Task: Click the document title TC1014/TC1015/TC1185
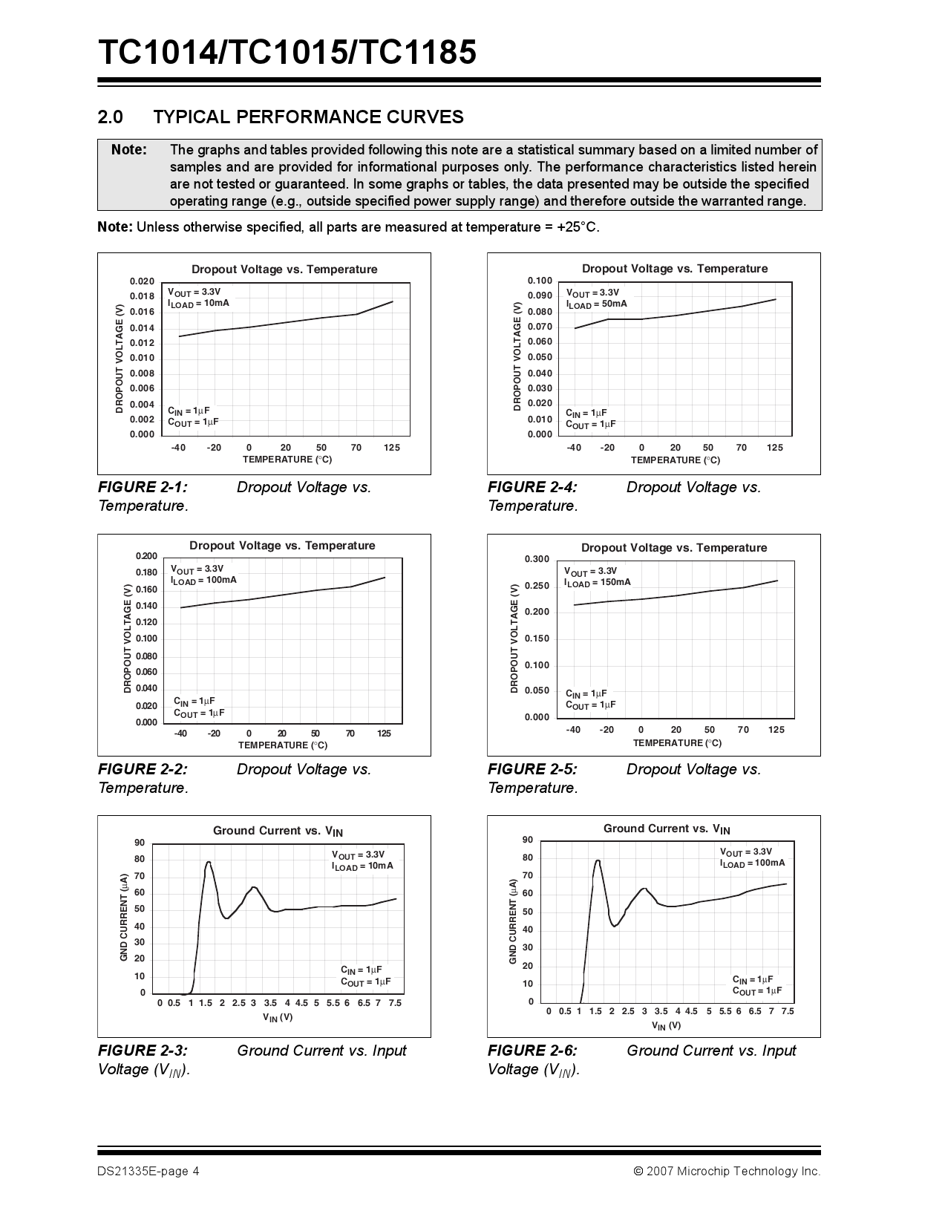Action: (x=287, y=53)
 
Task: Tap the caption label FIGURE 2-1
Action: (x=143, y=487)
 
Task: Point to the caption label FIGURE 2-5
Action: (x=532, y=769)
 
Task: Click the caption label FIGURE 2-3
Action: (x=143, y=1051)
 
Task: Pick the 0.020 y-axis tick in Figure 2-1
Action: (x=142, y=281)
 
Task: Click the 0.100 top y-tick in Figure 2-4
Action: (x=540, y=281)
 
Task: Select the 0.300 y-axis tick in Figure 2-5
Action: (x=537, y=559)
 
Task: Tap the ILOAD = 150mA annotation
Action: (x=598, y=582)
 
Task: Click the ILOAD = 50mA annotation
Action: (x=596, y=304)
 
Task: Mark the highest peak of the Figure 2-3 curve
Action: (x=209, y=862)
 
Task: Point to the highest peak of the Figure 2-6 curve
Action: (x=597, y=860)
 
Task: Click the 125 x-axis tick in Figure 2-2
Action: (x=384, y=734)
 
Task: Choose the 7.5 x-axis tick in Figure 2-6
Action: (x=788, y=1011)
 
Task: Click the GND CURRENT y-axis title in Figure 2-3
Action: (x=124, y=918)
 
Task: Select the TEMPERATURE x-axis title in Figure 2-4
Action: (x=675, y=460)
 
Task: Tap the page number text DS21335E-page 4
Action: (x=148, y=1172)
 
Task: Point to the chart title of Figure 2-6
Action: (x=666, y=829)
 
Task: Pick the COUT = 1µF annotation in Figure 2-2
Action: (x=199, y=713)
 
